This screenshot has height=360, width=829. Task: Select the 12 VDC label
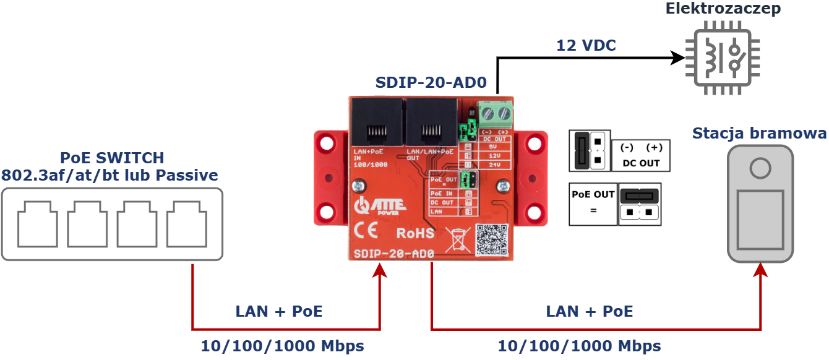coord(586,45)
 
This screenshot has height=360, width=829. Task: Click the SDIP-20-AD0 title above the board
coord(431,82)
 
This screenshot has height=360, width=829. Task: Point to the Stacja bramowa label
coord(759,134)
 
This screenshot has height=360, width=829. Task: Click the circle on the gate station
coord(760,167)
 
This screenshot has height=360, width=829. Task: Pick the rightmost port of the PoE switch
coord(186,223)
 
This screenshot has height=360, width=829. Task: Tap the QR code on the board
coord(491,240)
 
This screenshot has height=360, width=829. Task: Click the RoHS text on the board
coord(415,233)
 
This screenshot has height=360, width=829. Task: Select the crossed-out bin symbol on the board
coord(457,239)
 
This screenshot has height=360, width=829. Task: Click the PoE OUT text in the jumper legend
coord(593,194)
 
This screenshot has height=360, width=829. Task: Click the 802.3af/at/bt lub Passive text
coord(110,175)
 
